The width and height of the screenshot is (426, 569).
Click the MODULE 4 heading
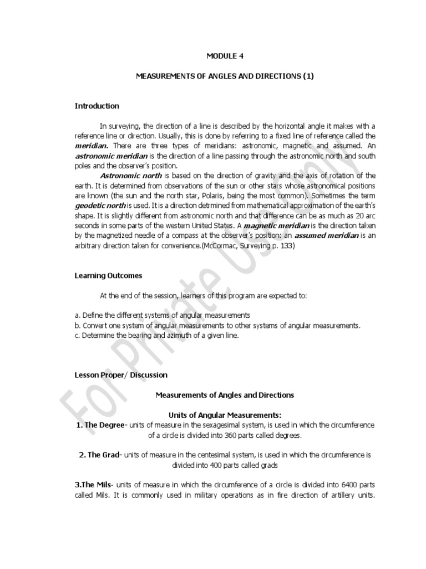[x=225, y=56]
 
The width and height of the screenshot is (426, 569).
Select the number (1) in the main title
[x=308, y=76]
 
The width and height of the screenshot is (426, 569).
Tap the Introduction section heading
[x=97, y=106]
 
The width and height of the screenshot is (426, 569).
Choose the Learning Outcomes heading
[x=108, y=275]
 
